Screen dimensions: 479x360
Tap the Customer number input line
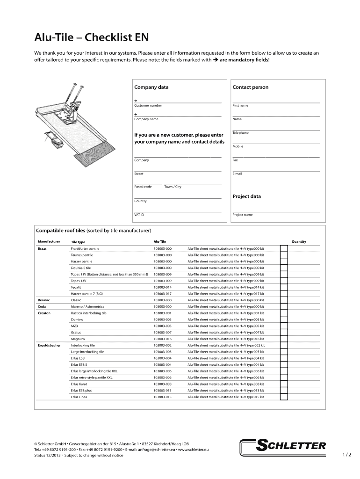click(x=178, y=100)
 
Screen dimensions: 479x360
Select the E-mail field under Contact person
click(x=276, y=168)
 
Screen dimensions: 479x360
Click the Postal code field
click(x=147, y=182)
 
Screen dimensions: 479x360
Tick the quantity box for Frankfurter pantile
click(x=283, y=248)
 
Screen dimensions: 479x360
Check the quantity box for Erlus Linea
click(x=283, y=397)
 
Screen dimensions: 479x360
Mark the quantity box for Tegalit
click(x=283, y=287)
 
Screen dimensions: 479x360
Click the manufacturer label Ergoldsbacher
click(x=49, y=345)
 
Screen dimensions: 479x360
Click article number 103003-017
click(x=163, y=294)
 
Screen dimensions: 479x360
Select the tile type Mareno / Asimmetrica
click(x=87, y=306)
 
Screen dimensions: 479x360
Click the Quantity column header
click(x=299, y=242)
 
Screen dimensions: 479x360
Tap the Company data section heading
click(x=151, y=87)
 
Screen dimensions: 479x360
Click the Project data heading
click(x=247, y=196)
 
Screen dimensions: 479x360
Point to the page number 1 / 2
click(x=346, y=455)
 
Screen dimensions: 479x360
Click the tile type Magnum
click(x=78, y=339)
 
